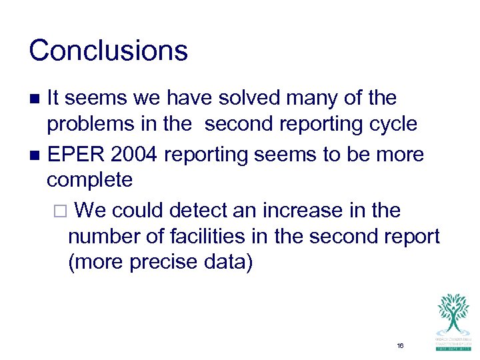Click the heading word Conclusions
click(109, 51)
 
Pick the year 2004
click(135, 155)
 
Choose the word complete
click(89, 180)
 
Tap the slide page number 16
click(400, 345)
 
